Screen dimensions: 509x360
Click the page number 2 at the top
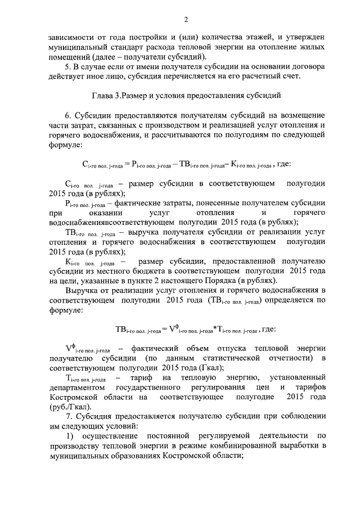[x=185, y=21]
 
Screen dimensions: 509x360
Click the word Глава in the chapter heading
[x=102, y=95]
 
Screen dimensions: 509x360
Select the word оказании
[x=100, y=213]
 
